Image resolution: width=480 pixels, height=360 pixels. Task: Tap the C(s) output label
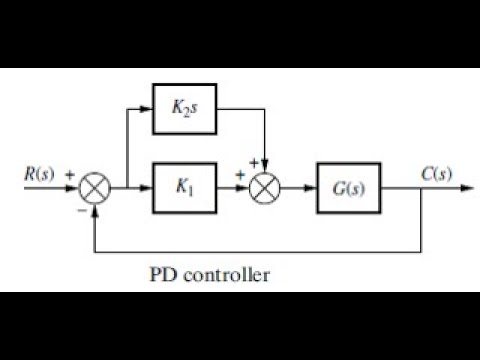437,174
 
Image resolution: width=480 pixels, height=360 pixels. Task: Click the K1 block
184,187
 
